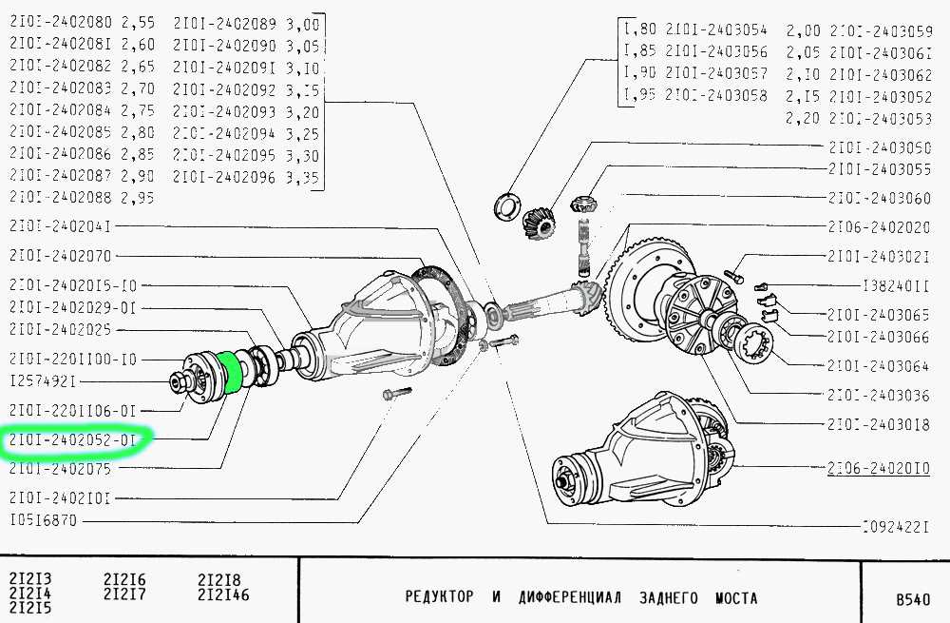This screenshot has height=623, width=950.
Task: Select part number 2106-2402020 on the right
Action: click(x=879, y=228)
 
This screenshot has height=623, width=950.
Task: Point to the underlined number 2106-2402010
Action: click(x=879, y=469)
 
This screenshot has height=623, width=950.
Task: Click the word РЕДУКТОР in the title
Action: click(x=439, y=598)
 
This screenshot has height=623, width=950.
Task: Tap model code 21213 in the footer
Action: click(x=30, y=579)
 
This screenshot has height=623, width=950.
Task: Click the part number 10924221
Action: click(x=896, y=525)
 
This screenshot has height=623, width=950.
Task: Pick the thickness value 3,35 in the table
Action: click(x=303, y=176)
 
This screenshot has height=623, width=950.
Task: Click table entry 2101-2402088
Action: click(x=62, y=197)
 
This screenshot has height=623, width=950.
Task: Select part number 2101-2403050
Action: click(x=879, y=148)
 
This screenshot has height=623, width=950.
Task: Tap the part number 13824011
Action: click(x=896, y=284)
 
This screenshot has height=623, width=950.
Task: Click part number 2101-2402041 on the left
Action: click(x=62, y=226)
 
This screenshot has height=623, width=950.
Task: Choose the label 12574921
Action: click(x=43, y=381)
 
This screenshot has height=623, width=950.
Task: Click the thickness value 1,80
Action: click(x=640, y=29)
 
